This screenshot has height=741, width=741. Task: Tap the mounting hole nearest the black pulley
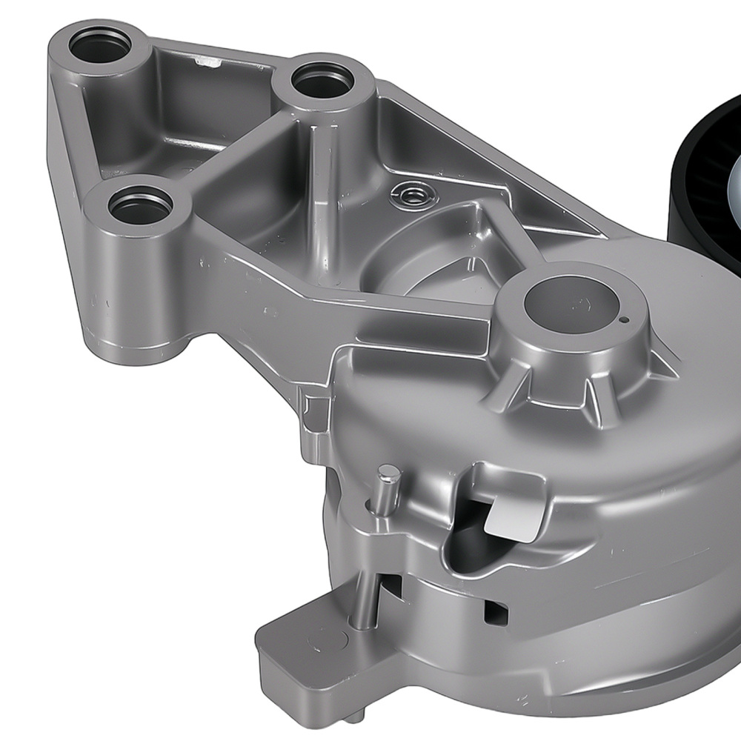coord(321,80)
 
